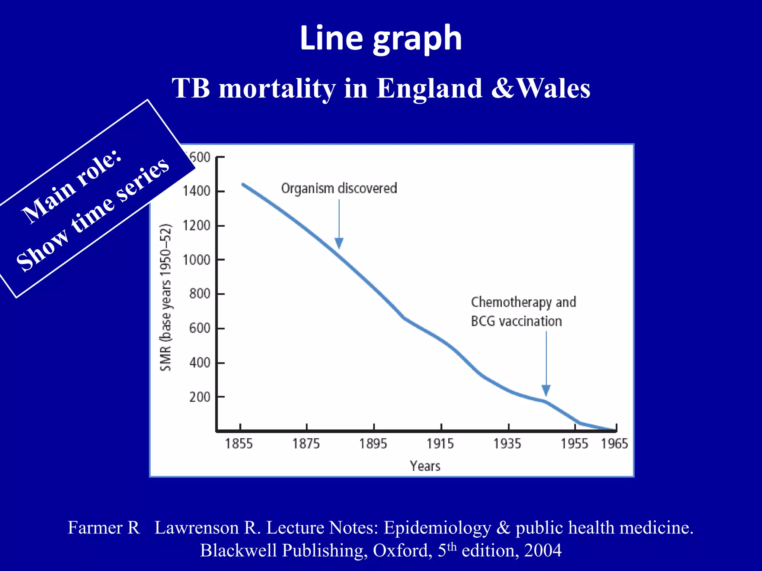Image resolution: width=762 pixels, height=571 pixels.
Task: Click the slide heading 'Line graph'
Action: pyautogui.click(x=381, y=38)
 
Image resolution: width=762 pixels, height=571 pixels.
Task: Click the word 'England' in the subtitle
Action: pyautogui.click(x=429, y=88)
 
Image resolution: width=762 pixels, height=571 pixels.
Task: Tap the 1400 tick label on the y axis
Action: pyautogui.click(x=196, y=191)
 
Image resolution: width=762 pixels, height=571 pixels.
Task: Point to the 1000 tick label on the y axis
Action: pyautogui.click(x=196, y=259)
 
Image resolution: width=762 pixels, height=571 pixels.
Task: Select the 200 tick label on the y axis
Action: pyautogui.click(x=200, y=397)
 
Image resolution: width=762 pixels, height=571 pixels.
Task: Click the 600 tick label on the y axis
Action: pyautogui.click(x=200, y=328)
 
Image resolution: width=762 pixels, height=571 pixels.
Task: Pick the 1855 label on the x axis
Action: pyautogui.click(x=239, y=443)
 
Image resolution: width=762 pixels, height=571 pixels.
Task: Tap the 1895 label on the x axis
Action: pyautogui.click(x=373, y=443)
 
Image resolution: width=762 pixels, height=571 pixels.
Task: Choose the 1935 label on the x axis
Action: pyautogui.click(x=507, y=443)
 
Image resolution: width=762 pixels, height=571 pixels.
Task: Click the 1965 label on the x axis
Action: pyautogui.click(x=615, y=443)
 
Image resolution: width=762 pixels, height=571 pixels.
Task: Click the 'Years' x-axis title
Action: pyautogui.click(x=425, y=466)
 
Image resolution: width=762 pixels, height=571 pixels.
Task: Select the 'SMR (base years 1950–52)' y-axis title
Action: pyautogui.click(x=166, y=297)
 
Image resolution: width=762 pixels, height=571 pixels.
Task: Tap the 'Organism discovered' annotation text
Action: pyautogui.click(x=339, y=188)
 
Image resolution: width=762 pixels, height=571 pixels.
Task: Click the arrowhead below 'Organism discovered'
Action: pyautogui.click(x=339, y=243)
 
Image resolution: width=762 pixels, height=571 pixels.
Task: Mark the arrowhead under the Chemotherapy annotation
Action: pyautogui.click(x=546, y=390)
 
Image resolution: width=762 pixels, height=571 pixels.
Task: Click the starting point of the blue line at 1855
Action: pyautogui.click(x=243, y=184)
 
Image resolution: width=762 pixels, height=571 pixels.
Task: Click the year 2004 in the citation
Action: pyautogui.click(x=542, y=550)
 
